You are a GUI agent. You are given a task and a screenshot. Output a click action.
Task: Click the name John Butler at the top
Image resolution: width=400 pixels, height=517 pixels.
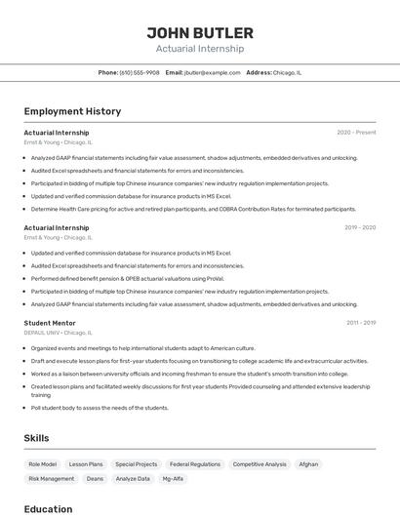pos(200,33)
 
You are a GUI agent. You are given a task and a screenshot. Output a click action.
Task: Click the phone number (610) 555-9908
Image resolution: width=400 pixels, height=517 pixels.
pos(140,72)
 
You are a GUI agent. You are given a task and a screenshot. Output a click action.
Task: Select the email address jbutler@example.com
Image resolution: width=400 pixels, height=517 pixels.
pos(212,72)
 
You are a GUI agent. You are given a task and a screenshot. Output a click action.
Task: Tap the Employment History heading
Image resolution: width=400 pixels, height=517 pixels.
pos(72,111)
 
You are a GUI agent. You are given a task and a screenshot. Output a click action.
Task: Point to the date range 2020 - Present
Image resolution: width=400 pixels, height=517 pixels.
pos(356,132)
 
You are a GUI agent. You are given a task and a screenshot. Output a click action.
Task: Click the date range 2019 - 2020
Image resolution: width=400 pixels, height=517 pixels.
pos(359,227)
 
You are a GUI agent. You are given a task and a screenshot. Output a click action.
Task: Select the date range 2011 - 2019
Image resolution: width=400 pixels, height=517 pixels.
pos(360,322)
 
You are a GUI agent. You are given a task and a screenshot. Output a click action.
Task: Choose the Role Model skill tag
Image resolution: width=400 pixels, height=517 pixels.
pos(43,464)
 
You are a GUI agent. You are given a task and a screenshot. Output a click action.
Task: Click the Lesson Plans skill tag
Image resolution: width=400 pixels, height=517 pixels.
pos(86,464)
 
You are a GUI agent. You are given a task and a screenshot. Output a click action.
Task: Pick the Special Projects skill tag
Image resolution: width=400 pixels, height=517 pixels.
pos(136,464)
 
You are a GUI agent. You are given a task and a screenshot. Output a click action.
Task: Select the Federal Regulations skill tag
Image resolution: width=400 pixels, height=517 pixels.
pos(195,464)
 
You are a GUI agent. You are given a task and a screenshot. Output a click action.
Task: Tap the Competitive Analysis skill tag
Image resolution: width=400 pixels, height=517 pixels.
pos(260,464)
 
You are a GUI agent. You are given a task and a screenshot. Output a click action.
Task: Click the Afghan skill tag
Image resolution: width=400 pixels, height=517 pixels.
pos(308,464)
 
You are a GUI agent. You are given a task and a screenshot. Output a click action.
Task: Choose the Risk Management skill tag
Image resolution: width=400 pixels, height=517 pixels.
pos(52,479)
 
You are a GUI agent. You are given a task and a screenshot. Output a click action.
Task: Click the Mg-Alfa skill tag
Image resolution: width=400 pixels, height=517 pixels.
pos(173,479)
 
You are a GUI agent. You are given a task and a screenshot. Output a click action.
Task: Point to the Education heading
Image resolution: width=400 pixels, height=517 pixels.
pos(48,508)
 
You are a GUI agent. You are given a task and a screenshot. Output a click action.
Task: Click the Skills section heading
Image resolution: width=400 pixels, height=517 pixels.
pos(36,438)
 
